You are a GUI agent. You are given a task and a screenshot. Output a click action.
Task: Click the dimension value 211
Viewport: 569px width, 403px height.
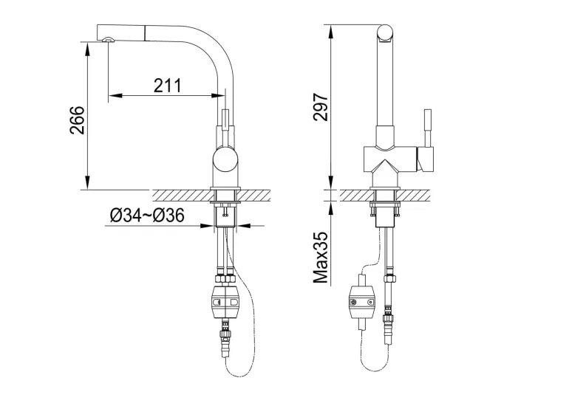click(167, 86)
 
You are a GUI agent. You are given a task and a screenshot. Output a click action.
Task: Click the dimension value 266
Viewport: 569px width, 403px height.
click(77, 120)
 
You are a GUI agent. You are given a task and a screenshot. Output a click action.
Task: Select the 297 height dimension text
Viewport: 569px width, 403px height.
click(321, 107)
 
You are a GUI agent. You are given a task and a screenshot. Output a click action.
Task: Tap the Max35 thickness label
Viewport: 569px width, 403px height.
click(321, 258)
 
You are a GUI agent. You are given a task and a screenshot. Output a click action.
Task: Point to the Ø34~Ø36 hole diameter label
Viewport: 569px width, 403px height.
click(147, 216)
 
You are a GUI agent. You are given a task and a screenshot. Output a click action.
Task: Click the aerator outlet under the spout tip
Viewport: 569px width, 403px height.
click(108, 40)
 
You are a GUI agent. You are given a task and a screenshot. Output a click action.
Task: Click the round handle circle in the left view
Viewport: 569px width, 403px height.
click(225, 160)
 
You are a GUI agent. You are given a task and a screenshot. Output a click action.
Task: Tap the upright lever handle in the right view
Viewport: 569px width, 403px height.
click(428, 128)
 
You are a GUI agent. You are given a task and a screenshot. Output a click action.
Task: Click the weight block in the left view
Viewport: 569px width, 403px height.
click(225, 303)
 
